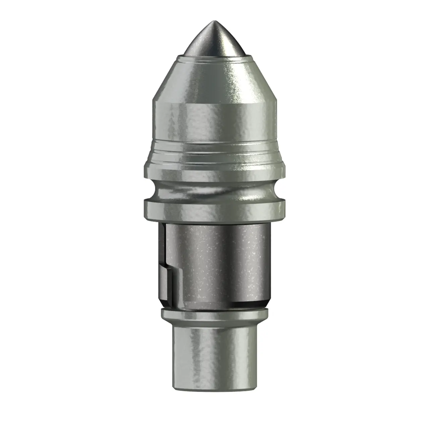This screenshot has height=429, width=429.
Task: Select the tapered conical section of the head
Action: point(214,80)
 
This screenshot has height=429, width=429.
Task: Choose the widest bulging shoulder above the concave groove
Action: point(214,168)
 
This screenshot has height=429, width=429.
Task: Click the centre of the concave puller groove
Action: point(214,189)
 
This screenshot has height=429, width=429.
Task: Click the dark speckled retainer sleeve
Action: point(221,261)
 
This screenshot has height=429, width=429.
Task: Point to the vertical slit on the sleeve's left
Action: point(162,245)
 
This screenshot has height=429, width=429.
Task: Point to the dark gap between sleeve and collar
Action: point(214,306)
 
